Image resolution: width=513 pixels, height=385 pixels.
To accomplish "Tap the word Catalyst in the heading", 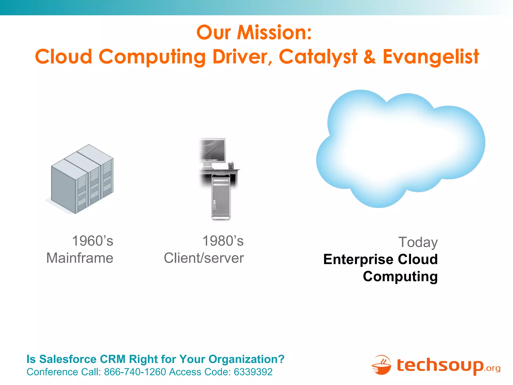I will pos(318,57).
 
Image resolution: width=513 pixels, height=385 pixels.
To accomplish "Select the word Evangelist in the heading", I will pos(431,57).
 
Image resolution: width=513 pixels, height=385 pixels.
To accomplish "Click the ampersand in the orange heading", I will pos(370,57).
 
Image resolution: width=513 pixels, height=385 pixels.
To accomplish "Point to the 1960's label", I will pos(92,241).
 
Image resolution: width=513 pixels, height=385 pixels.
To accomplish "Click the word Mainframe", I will pos(80,258).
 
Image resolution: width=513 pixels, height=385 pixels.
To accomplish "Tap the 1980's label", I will pos(223,241).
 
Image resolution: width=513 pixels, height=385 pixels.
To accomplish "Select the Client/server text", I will pos(204,258).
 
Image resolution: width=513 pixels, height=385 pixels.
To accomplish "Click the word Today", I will pos(418,242).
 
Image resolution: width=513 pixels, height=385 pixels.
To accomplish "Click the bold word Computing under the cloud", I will pos(400,276).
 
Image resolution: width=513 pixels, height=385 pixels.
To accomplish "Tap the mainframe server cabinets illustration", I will pos(82,179).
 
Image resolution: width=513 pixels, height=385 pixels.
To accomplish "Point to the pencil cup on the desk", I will pos(231,165).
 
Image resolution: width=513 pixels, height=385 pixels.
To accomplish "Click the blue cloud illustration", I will pos(401,148).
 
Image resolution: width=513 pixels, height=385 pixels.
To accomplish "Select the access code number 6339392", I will pos(253,372).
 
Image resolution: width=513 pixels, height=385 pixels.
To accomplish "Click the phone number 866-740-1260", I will pos(135,372).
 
